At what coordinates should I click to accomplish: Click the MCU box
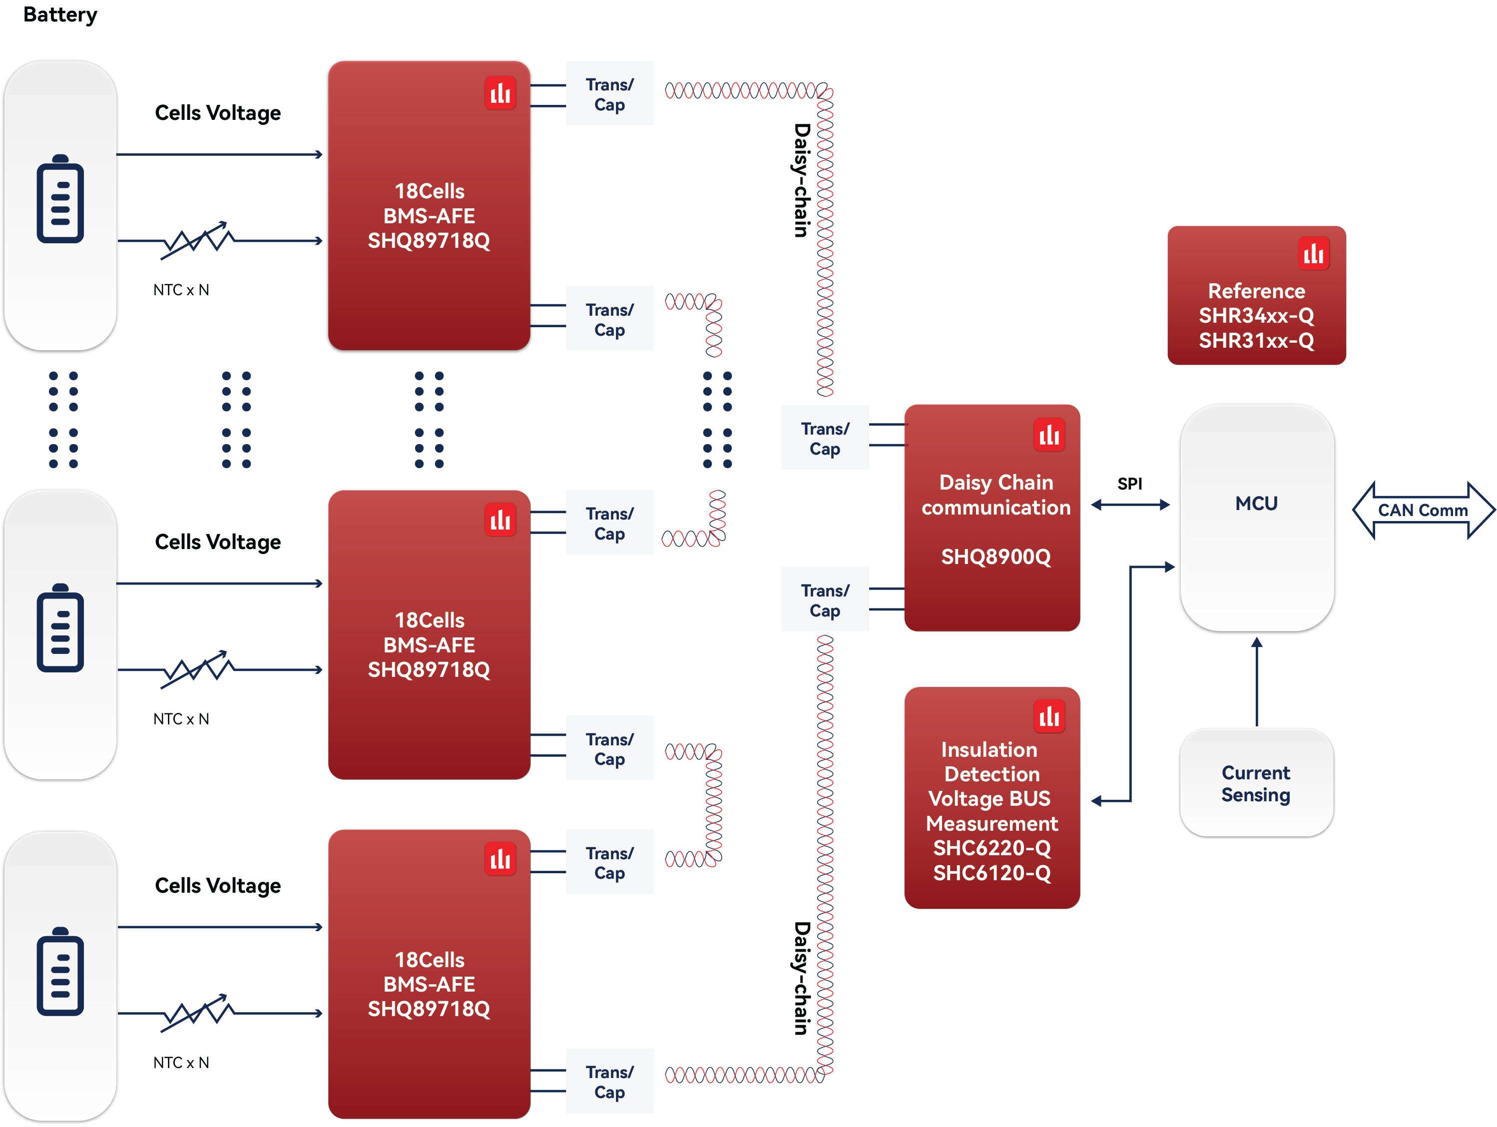[1257, 519]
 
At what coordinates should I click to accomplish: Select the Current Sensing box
[1256, 783]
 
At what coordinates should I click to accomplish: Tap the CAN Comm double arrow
[1423, 511]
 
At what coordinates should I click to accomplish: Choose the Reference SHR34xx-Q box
[1256, 296]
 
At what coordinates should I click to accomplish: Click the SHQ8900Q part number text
[996, 557]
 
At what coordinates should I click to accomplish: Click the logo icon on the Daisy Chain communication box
[1049, 435]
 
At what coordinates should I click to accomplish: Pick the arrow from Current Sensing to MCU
[1257, 681]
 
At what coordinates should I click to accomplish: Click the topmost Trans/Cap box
[609, 94]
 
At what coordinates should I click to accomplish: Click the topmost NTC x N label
[181, 290]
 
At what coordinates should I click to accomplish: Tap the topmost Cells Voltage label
[217, 112]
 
